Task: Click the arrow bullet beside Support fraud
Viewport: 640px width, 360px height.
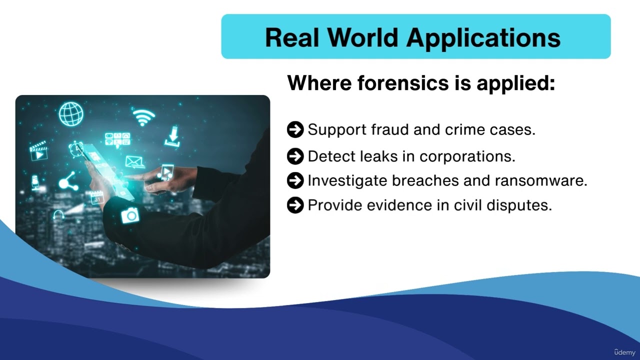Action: tap(295, 130)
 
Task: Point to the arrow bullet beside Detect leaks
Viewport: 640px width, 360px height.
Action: tap(295, 156)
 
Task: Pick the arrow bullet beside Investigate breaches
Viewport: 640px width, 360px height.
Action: tap(295, 180)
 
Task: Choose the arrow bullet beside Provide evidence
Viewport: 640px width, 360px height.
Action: tap(295, 205)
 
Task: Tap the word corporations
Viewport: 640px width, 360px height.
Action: tap(467, 156)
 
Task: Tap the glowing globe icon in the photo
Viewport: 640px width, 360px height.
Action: tap(71, 113)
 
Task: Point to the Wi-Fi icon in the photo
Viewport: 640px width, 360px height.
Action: tap(144, 117)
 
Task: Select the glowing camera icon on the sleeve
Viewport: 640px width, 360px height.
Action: tap(130, 215)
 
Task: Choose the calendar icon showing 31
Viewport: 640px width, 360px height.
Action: tap(97, 197)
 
